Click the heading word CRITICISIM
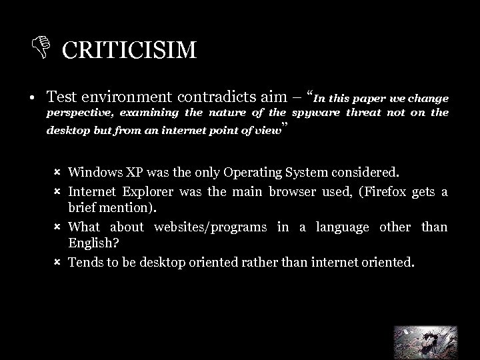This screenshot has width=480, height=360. (130, 50)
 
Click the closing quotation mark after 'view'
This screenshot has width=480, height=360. (285, 126)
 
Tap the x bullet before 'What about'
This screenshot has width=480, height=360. (57, 227)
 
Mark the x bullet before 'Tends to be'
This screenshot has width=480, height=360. (57, 263)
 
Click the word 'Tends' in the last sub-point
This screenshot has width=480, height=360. (85, 263)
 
